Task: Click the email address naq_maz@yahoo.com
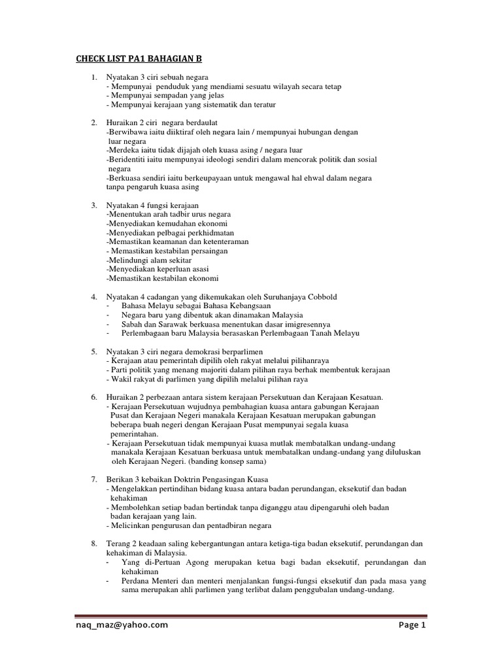(x=121, y=625)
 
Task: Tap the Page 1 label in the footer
(x=412, y=625)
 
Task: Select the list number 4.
(x=94, y=297)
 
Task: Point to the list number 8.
(x=94, y=543)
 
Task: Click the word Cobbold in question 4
(x=320, y=297)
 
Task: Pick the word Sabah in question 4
(x=131, y=324)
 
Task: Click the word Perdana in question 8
(x=135, y=580)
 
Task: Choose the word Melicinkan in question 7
(x=129, y=525)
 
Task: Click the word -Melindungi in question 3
(x=127, y=260)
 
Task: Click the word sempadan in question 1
(x=170, y=96)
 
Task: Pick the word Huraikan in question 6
(x=122, y=397)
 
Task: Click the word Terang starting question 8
(x=118, y=543)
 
